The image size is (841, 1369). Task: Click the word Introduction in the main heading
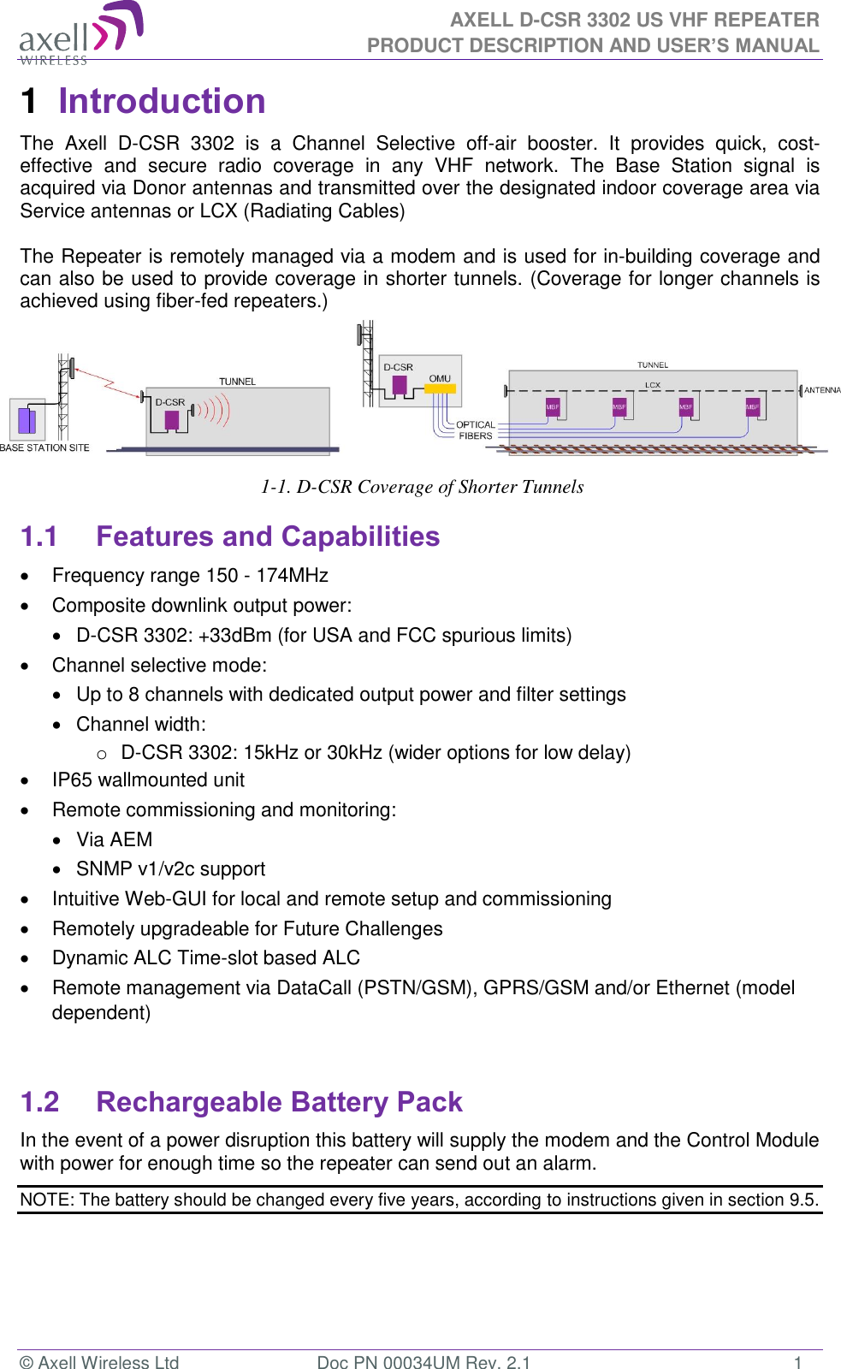[x=162, y=101]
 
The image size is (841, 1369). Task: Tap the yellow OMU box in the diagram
[x=441, y=388]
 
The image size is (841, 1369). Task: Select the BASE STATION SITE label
[x=44, y=447]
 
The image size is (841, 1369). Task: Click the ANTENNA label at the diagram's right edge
[x=821, y=390]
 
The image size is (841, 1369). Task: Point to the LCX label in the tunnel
[x=653, y=385]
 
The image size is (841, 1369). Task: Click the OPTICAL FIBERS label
[x=475, y=430]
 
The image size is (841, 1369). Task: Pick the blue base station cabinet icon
[x=27, y=420]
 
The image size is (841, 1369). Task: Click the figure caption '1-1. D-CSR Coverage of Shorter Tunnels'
[x=422, y=487]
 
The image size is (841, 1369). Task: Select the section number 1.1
[x=38, y=536]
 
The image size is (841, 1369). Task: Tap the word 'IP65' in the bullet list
[x=73, y=779]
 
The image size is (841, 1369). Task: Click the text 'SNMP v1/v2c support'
[x=170, y=868]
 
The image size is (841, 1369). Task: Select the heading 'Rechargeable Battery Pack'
[x=279, y=1102]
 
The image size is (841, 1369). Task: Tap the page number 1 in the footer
[x=797, y=1361]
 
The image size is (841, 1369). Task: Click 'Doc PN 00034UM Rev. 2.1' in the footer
[x=423, y=1361]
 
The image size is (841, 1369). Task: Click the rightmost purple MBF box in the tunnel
[x=752, y=407]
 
